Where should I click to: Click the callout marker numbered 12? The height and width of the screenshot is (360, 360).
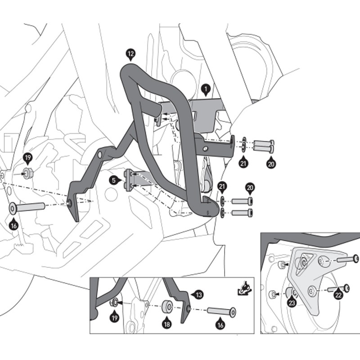[x=130, y=55]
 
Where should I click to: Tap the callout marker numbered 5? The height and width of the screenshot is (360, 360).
[x=115, y=180]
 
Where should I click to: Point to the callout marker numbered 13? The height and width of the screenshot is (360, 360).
[x=198, y=294]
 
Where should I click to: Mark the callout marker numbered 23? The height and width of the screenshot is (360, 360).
[x=292, y=303]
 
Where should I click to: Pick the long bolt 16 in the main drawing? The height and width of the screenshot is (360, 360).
[x=27, y=208]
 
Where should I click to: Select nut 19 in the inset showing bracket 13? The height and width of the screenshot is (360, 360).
[x=114, y=302]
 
